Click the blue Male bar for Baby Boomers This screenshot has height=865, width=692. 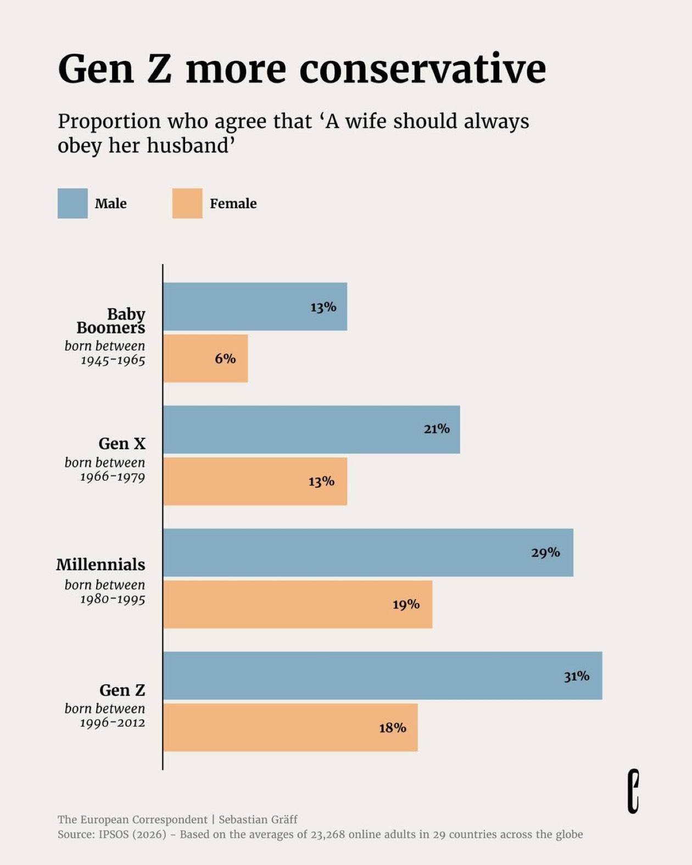(254, 306)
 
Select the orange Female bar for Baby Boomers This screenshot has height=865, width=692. (205, 358)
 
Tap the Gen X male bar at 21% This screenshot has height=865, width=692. (311, 429)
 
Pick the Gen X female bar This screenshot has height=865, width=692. (254, 481)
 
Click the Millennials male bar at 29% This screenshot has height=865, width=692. (367, 553)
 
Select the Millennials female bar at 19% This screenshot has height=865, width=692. (297, 604)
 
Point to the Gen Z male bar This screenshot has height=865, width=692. (382, 676)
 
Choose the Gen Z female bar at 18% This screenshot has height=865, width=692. (290, 727)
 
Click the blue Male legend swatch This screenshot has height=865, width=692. (72, 203)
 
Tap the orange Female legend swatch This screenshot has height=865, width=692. (187, 203)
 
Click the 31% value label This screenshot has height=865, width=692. (576, 676)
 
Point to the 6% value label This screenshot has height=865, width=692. (225, 359)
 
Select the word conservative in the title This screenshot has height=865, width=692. (422, 70)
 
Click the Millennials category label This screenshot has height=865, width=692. (101, 565)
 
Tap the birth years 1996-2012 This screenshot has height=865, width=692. (113, 723)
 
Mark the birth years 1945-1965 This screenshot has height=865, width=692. (113, 360)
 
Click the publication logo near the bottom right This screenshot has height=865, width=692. (633, 791)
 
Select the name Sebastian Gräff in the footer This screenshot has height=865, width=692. (258, 819)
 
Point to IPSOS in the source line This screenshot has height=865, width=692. (113, 834)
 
